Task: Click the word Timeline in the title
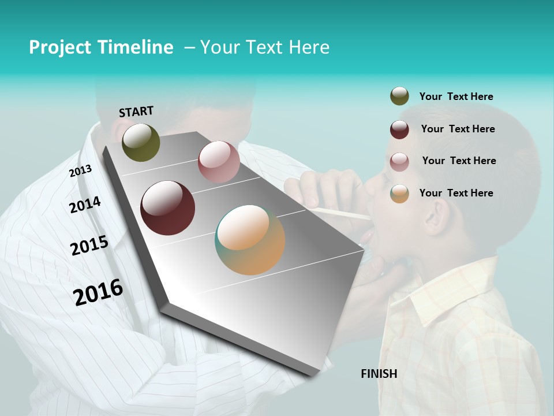tap(135, 47)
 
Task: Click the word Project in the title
tap(60, 47)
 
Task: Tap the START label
tap(136, 112)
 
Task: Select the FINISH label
tap(379, 374)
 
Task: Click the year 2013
tap(80, 171)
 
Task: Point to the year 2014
tap(85, 205)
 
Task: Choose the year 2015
tap(89, 246)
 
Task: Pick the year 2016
tap(98, 292)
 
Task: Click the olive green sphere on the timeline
tap(141, 142)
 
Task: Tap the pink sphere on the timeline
tap(219, 162)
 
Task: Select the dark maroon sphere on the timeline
tap(168, 208)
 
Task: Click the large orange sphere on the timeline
tap(250, 240)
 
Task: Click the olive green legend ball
tap(399, 96)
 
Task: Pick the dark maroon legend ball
tap(399, 129)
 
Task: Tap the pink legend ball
tap(399, 162)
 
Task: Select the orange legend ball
tap(399, 194)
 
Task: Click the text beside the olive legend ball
tap(456, 96)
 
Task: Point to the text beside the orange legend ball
tap(456, 193)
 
